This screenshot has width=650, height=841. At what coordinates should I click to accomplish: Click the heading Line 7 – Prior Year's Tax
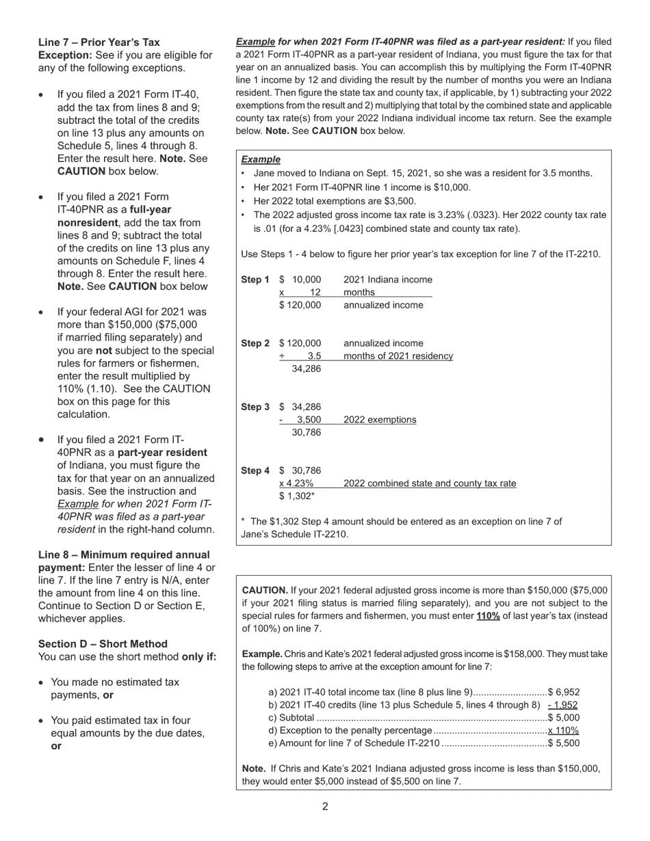click(x=99, y=42)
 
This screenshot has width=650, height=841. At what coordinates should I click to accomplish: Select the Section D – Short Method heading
click(x=103, y=644)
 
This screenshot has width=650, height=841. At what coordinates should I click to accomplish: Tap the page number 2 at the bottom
click(x=325, y=807)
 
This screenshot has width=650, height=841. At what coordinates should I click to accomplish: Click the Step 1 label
click(x=255, y=280)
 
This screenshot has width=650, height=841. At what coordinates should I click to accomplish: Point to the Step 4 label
click(x=255, y=471)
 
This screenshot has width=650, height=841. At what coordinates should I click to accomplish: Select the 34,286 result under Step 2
click(x=306, y=369)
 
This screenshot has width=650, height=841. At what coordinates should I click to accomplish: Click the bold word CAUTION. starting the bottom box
click(x=265, y=590)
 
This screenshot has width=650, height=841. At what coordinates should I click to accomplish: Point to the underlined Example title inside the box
click(x=261, y=159)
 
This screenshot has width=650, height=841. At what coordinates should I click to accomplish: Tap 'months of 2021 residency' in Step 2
click(x=398, y=356)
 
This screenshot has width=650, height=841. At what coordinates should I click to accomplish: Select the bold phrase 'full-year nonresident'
click(x=114, y=216)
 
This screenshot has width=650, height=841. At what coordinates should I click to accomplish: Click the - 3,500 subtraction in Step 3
click(x=300, y=420)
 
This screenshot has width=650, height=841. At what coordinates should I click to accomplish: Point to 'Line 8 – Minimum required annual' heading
click(x=124, y=555)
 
